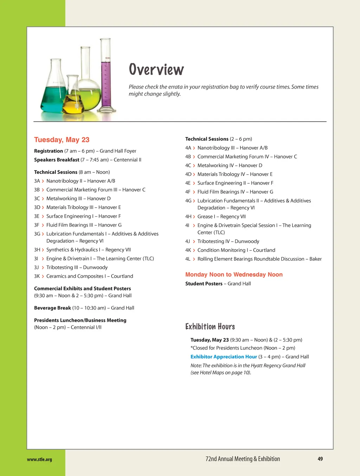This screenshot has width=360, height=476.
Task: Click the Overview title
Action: pyautogui.click(x=156, y=69)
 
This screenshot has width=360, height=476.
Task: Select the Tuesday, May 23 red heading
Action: pyautogui.click(x=62, y=140)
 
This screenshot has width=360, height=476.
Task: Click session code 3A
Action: pyautogui.click(x=37, y=181)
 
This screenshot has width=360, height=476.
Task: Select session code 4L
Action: pyautogui.click(x=188, y=259)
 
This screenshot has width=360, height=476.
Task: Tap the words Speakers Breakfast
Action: pyautogui.click(x=57, y=160)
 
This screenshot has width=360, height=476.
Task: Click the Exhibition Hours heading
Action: pyautogui.click(x=210, y=327)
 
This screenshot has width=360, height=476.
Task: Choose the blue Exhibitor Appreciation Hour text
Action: pyautogui.click(x=224, y=357)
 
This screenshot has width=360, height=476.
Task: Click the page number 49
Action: pyautogui.click(x=320, y=459)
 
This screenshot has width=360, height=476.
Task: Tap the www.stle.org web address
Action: pyautogui.click(x=39, y=459)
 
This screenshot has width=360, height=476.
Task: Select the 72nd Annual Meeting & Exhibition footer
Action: pyautogui.click(x=243, y=459)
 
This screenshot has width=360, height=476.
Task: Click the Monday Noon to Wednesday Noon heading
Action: pyautogui.click(x=234, y=275)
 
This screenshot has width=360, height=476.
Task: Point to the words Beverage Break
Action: pyautogui.click(x=52, y=308)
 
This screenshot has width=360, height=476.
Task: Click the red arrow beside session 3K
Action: pyautogui.click(x=43, y=276)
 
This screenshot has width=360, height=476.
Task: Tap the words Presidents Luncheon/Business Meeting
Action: pyautogui.click(x=80, y=320)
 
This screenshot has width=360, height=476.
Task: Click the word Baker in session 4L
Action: pyautogui.click(x=315, y=259)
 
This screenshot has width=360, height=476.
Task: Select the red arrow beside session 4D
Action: pyautogui.click(x=194, y=175)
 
